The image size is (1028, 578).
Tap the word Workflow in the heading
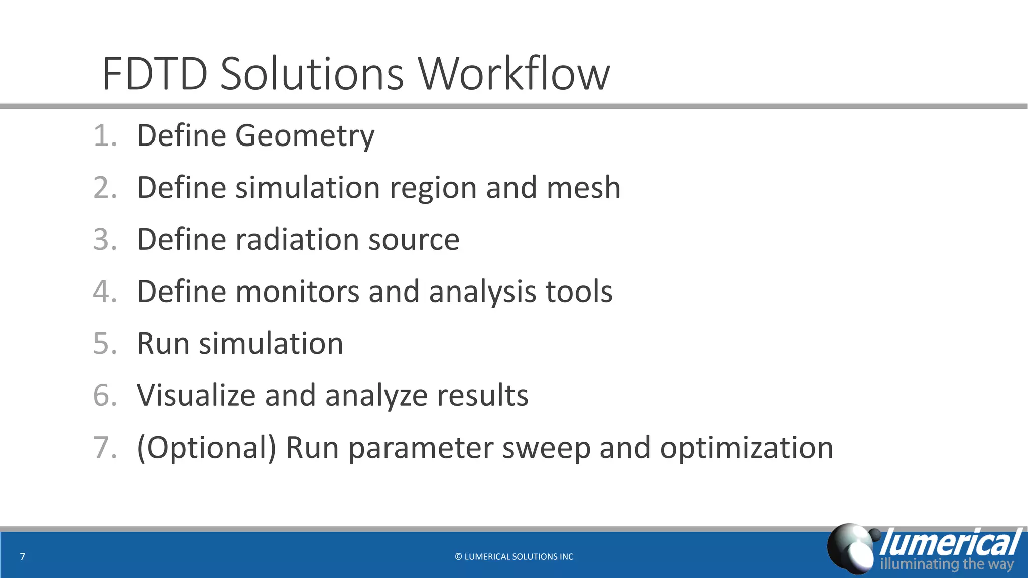pyautogui.click(x=514, y=74)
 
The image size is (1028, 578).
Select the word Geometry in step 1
pyautogui.click(x=305, y=136)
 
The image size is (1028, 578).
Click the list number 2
pyautogui.click(x=105, y=188)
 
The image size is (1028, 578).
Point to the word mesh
pyautogui.click(x=583, y=188)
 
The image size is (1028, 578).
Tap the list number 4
pyautogui.click(x=105, y=292)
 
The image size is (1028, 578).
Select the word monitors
pyautogui.click(x=297, y=292)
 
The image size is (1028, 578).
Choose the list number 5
pyautogui.click(x=105, y=344)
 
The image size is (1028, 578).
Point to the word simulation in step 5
pyautogui.click(x=271, y=344)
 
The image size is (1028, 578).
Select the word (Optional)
pyautogui.click(x=206, y=448)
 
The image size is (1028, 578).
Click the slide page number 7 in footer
pyautogui.click(x=22, y=556)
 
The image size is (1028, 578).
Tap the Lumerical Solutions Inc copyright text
pyautogui.click(x=514, y=557)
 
